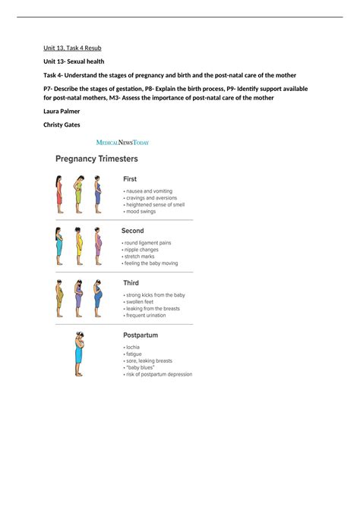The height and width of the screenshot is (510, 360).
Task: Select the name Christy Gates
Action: point(64,124)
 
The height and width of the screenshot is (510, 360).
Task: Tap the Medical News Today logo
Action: point(122,142)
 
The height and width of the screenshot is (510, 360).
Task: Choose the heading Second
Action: point(133,231)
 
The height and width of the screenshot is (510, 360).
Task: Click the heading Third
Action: point(131,283)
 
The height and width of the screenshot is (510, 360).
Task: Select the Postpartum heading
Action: point(141,335)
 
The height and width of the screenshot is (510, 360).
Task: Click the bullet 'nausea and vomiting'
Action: point(149,191)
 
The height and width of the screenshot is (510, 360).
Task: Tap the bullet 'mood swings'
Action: point(143,211)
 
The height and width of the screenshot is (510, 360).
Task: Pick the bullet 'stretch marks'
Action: point(143,257)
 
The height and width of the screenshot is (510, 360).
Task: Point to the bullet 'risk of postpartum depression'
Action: point(159,374)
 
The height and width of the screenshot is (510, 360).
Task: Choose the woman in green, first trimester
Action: point(77,194)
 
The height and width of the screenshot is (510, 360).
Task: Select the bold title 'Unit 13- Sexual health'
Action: point(74,61)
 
